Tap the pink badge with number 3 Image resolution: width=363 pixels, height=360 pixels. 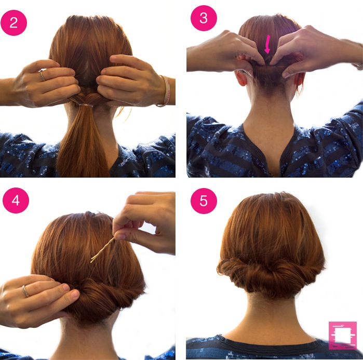tap(203, 18)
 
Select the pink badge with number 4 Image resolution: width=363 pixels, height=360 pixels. tap(16, 201)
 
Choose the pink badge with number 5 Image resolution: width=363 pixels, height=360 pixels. tap(203, 201)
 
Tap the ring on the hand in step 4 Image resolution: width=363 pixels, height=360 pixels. tap(25, 291)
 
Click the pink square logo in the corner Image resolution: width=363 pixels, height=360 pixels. tap(342, 335)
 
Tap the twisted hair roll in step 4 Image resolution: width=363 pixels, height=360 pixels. tap(101, 296)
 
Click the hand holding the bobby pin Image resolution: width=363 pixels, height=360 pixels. tap(148, 218)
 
